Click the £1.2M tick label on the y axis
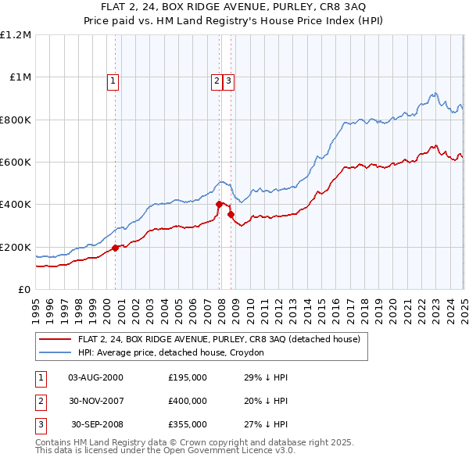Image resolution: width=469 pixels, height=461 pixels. coord(16,34)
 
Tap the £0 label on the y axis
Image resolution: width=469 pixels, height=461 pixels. coord(25,289)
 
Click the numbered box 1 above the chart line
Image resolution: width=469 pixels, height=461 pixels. coord(113,79)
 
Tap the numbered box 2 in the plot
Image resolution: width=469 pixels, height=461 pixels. coord(217,79)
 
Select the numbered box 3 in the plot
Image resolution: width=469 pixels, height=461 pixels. coord(227,79)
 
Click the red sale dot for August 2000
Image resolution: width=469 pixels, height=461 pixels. coord(115,248)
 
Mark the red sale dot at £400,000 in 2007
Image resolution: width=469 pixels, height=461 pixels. coord(219,205)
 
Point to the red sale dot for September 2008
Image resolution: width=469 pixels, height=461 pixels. coord(231,214)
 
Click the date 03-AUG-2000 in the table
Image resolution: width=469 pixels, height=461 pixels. coord(96,377)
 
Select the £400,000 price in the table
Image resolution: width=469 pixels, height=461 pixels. coord(188,401)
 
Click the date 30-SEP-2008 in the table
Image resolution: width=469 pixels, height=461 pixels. coord(96,424)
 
